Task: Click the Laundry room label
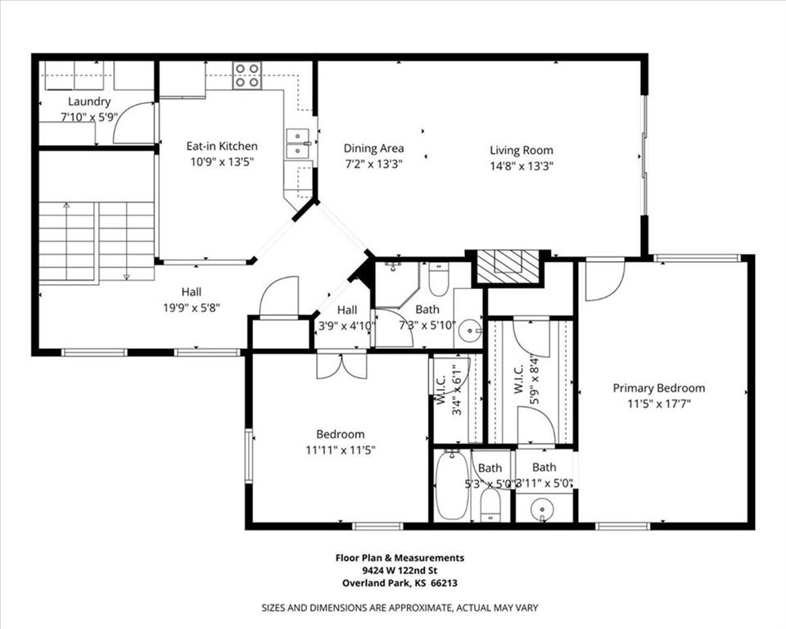point(89,102)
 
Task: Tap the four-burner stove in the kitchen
point(247,75)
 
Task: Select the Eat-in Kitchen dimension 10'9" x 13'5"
point(222,162)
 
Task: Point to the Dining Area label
point(373,148)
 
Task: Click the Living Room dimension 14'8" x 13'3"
point(522,166)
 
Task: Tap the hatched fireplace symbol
point(508,266)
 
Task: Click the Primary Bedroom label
point(658,388)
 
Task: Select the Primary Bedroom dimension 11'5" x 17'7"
point(659,404)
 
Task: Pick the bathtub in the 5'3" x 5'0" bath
point(453,486)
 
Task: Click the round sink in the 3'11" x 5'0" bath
point(542,509)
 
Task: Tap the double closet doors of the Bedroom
point(341,366)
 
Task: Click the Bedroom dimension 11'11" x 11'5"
point(341,450)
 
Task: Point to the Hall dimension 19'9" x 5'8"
point(192,307)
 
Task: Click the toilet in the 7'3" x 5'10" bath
point(439,279)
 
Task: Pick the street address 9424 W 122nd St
point(400,570)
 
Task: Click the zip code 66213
point(444,583)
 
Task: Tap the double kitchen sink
point(297,143)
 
